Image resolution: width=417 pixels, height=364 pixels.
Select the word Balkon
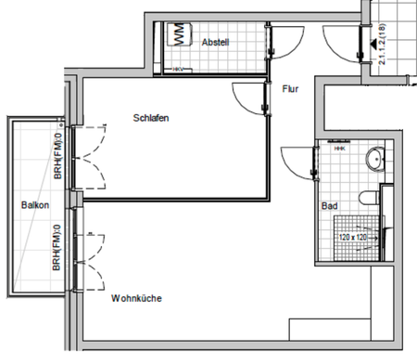[35, 205]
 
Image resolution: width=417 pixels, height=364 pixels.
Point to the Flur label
[289, 90]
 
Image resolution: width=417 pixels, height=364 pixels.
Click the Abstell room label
[215, 43]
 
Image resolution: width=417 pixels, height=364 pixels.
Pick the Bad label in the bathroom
[329, 205]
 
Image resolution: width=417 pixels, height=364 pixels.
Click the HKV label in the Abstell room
[178, 69]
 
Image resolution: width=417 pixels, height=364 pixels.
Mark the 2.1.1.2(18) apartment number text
[382, 45]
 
